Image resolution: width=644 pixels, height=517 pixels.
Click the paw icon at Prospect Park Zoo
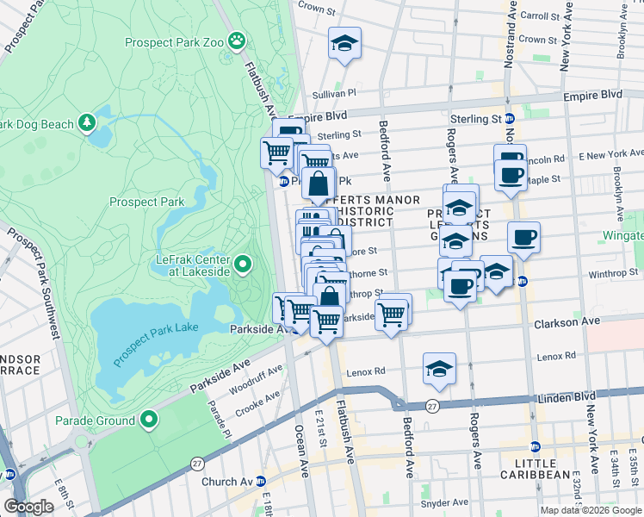[235, 40]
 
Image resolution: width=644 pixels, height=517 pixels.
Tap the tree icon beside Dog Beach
[87, 124]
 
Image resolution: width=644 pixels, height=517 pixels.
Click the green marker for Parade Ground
[149, 420]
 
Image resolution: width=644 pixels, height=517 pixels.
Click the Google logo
[28, 507]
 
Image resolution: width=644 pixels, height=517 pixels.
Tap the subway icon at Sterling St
[509, 119]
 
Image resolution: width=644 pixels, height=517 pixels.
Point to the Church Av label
[225, 482]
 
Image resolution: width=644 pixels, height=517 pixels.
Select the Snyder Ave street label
[444, 502]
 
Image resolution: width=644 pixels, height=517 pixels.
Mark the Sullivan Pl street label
[334, 92]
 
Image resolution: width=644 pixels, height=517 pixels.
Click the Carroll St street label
[540, 16]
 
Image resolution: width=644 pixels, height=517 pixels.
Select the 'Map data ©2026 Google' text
[590, 509]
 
